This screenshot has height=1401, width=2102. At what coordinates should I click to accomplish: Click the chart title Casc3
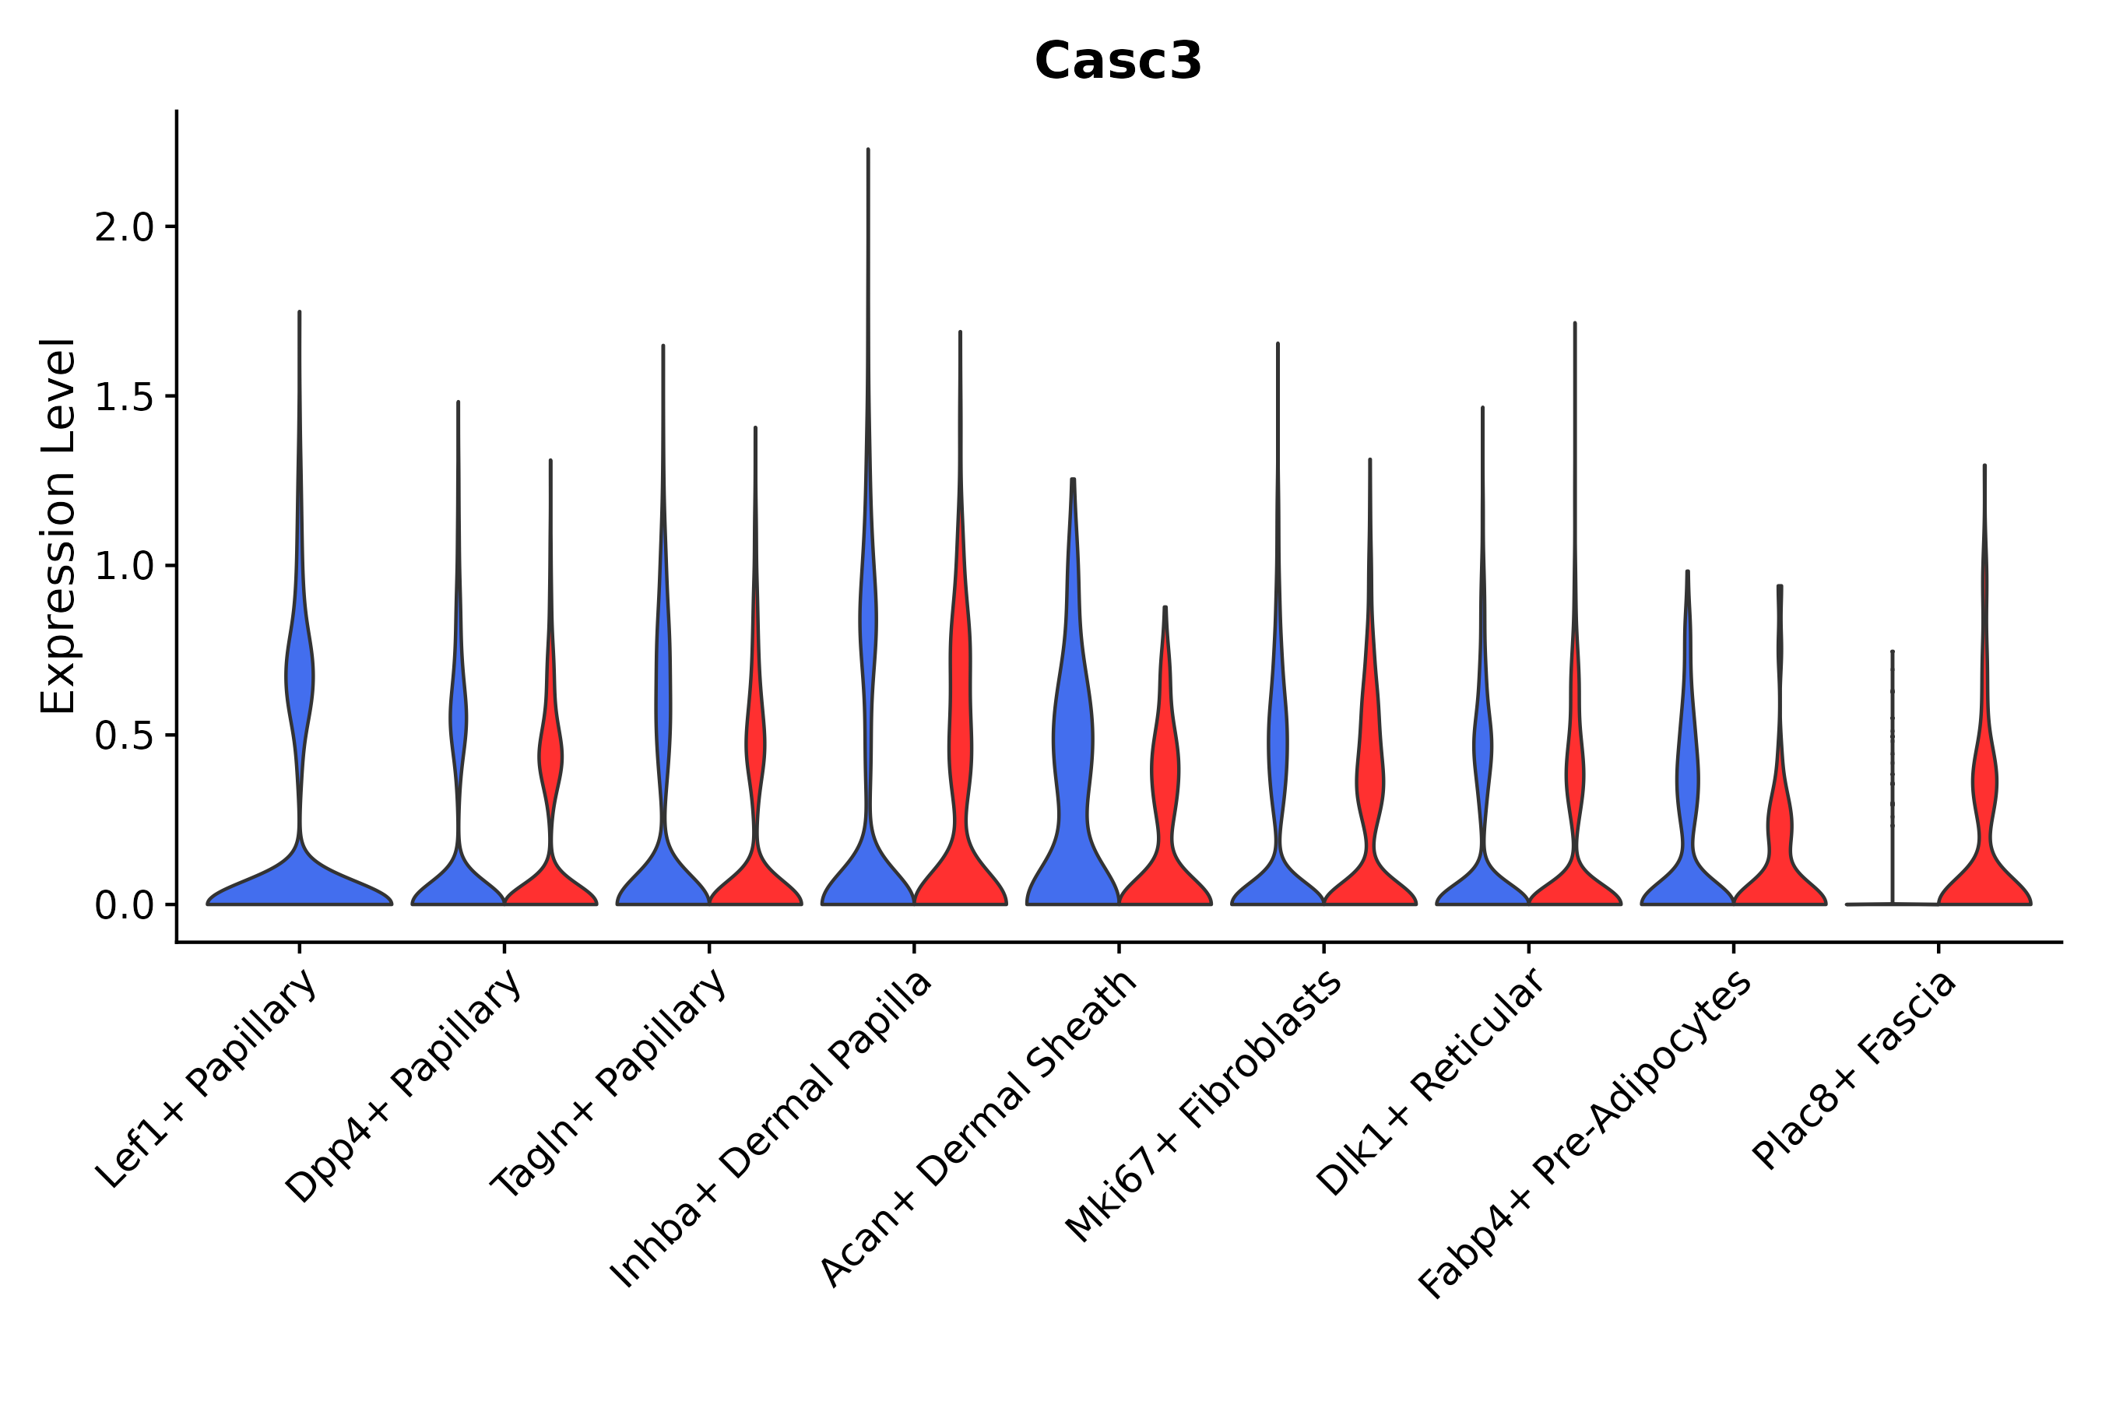[x=1118, y=61]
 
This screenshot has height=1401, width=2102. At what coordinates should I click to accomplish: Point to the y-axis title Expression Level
[x=58, y=525]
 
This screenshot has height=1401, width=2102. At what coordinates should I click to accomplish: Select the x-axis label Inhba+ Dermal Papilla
[x=772, y=1129]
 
